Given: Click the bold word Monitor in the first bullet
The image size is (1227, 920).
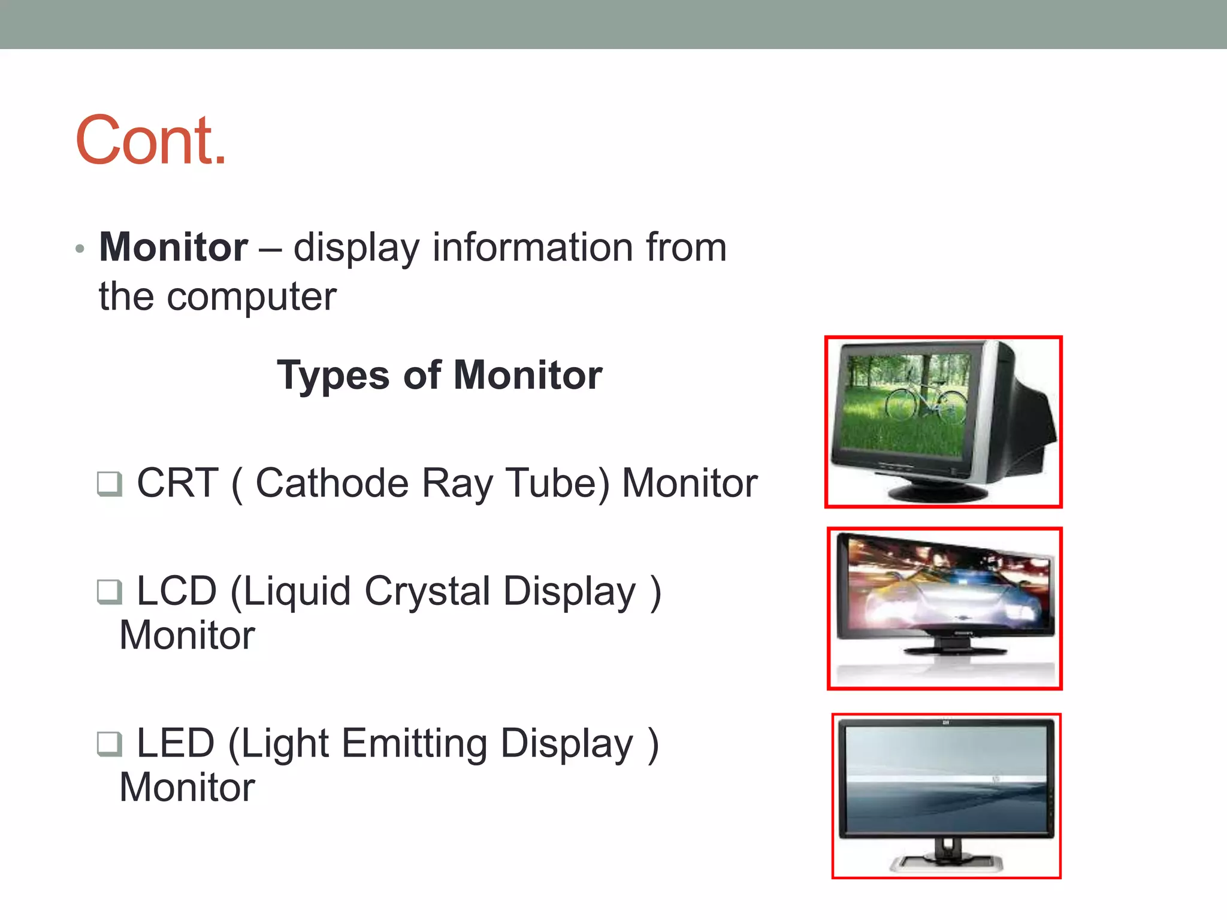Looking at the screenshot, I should [173, 247].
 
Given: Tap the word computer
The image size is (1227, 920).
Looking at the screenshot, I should [251, 297].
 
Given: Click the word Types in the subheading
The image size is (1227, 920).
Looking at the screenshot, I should [333, 376].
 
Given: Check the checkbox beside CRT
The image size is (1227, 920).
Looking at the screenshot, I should [110, 483].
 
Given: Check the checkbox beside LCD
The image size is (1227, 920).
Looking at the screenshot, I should [110, 592].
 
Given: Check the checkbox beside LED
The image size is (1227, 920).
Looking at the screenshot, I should [110, 744].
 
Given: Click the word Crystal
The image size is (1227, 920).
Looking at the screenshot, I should [427, 592].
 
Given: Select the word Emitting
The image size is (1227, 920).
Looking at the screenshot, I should [415, 744].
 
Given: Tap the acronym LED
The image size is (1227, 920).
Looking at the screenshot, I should [176, 744].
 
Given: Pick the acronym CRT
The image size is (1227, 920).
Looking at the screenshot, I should [177, 483].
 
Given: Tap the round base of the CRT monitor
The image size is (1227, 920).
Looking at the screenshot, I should [938, 492].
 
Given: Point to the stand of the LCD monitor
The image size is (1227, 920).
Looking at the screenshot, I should [952, 646].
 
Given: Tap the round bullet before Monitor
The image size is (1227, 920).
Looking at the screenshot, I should [80, 249].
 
